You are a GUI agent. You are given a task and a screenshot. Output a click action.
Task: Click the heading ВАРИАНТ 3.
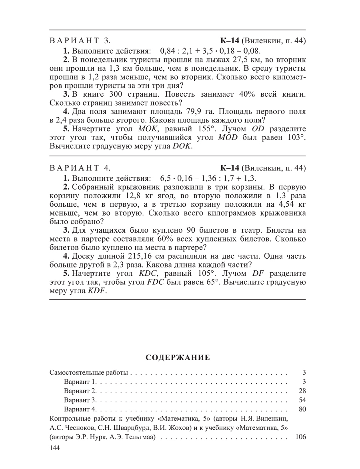[x=80, y=41]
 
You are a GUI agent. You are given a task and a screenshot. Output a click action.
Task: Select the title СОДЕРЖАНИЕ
[x=178, y=357]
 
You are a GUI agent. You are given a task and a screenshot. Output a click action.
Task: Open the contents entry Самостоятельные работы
[x=88, y=373]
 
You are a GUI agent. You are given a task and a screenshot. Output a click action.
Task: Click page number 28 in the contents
[x=302, y=391]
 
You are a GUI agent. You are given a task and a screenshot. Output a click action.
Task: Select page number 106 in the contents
[x=300, y=437]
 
